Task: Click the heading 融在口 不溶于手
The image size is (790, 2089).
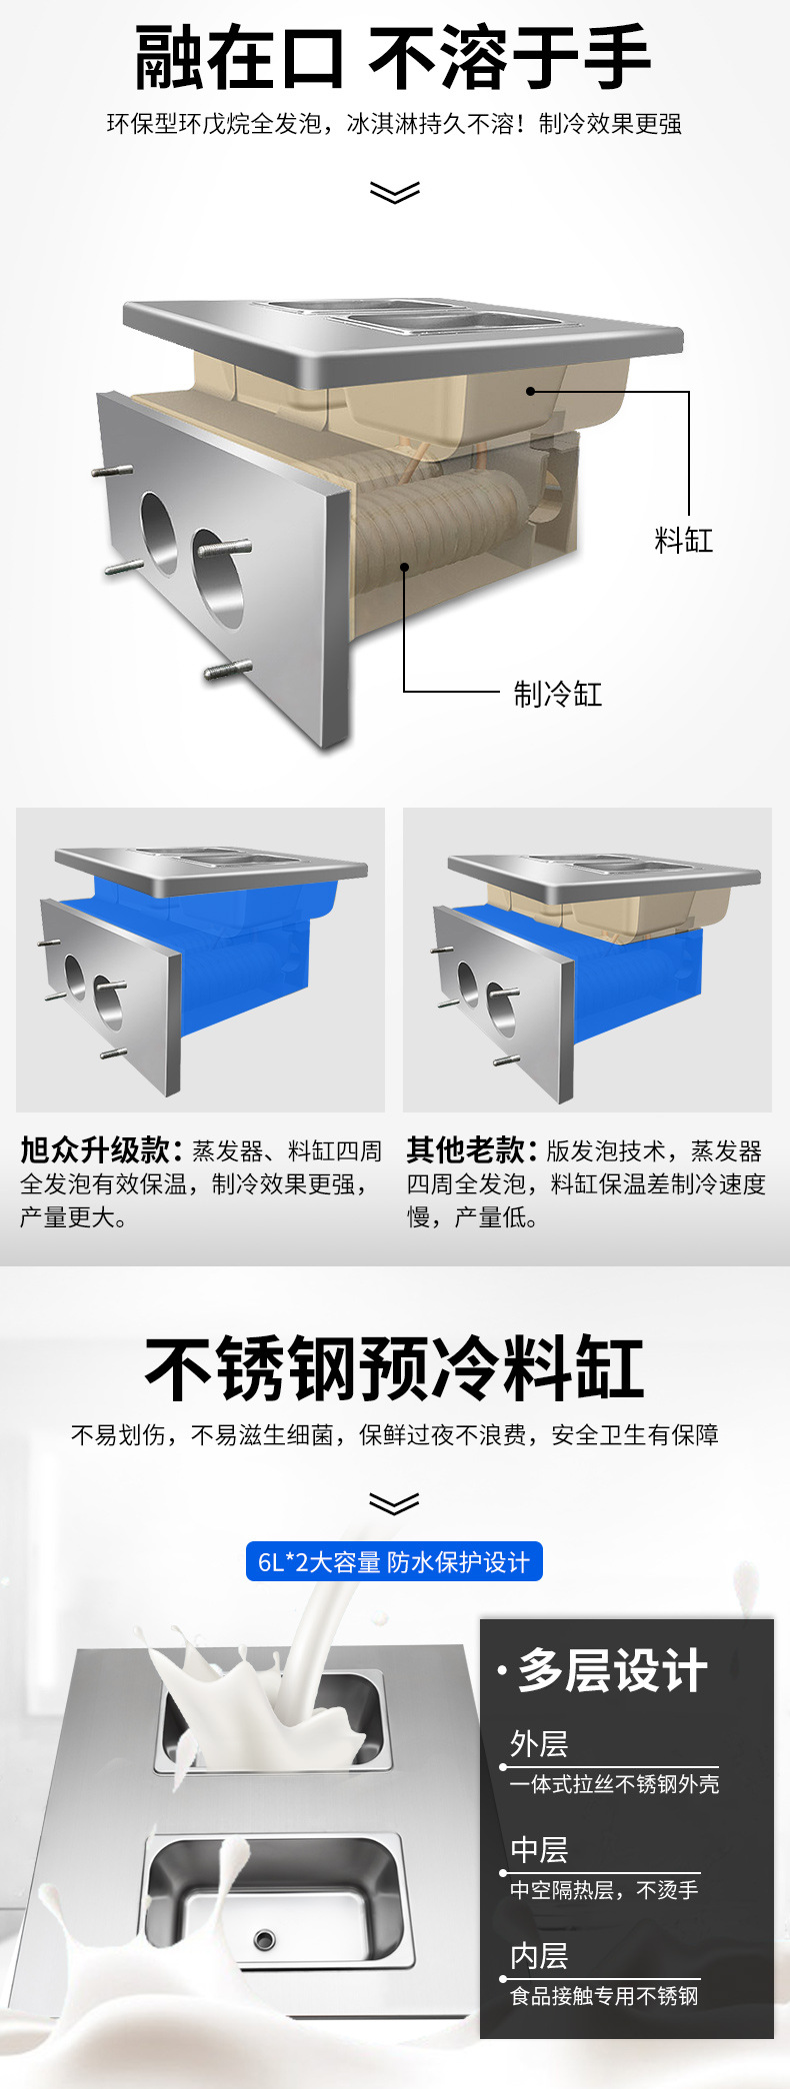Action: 394,58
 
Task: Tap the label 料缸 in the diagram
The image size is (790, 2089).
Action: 684,541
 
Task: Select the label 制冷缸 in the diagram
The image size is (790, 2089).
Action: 557,694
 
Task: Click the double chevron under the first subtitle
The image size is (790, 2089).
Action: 394,191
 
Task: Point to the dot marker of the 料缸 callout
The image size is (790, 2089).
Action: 531,391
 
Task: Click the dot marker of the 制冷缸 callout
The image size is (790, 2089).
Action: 405,567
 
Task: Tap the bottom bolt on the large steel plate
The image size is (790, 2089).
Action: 228,670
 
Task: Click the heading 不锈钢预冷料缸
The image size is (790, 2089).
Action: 394,1368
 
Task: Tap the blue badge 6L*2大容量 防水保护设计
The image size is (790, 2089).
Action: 394,1561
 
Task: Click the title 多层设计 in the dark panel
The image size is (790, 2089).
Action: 612,1670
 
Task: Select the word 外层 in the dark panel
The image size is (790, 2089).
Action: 539,1744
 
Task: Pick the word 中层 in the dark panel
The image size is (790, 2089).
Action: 539,1850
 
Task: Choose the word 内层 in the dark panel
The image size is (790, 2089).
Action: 539,1956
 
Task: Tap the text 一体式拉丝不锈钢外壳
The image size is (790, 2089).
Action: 614,1784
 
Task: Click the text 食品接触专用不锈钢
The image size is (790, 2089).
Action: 604,1996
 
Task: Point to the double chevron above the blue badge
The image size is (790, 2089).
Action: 394,1503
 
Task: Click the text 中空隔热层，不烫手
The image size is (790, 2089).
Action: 604,1890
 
